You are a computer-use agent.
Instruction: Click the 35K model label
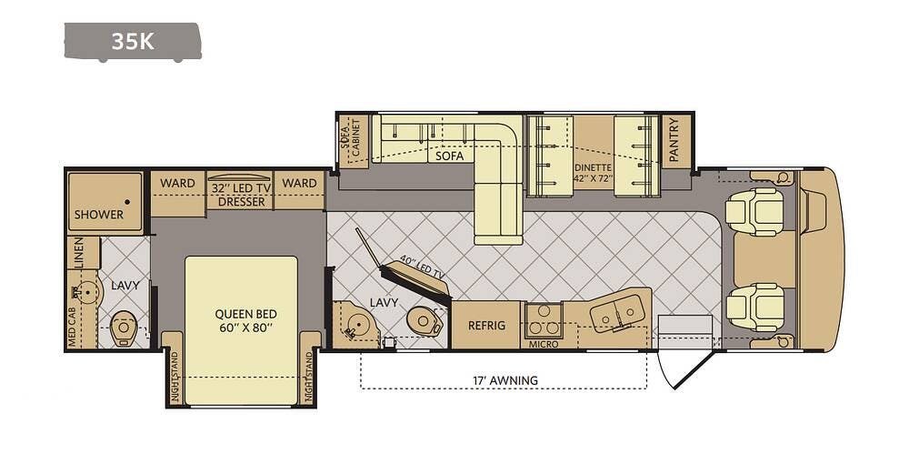tap(133, 41)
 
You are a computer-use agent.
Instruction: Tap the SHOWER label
tap(99, 214)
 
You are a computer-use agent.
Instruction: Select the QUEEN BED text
tap(245, 314)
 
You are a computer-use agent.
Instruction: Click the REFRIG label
tap(487, 325)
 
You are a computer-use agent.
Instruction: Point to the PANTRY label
tap(674, 140)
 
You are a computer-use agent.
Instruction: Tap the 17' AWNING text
tap(504, 380)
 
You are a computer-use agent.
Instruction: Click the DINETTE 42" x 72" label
tap(593, 173)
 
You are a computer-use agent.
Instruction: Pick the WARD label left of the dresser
tap(177, 183)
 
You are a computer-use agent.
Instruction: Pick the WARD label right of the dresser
tap(299, 183)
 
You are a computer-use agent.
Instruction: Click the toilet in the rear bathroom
tap(123, 330)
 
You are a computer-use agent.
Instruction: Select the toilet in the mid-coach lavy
tap(425, 322)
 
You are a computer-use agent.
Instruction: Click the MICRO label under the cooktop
tap(544, 344)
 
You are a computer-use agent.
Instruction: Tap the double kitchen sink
tap(618, 313)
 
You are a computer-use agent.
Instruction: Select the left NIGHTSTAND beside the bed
tap(173, 368)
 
